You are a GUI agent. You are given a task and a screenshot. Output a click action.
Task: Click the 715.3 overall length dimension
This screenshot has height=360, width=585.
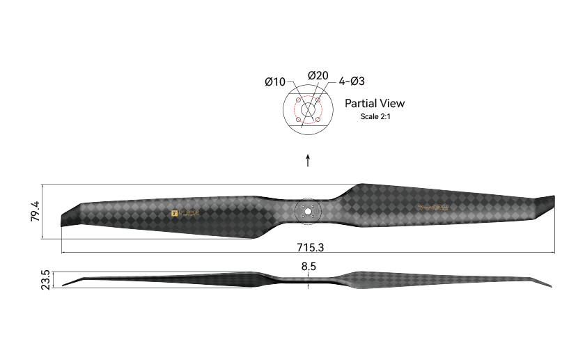[308, 247]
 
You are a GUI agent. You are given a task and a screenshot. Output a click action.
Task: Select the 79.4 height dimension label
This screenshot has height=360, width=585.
[35, 212]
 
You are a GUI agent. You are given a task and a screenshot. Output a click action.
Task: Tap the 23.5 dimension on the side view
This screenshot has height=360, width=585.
[46, 279]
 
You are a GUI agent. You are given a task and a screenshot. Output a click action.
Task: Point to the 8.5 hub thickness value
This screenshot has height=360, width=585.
[309, 265]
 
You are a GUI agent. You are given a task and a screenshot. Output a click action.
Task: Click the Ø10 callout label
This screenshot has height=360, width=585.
[275, 82]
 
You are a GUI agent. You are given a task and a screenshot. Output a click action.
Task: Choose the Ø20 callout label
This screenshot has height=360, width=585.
[318, 76]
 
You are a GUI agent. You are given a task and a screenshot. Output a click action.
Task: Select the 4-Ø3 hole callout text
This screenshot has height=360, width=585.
[352, 81]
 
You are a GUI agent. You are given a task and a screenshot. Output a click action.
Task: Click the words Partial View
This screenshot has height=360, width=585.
[375, 103]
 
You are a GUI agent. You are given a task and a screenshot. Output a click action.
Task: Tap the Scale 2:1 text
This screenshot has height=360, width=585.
[375, 116]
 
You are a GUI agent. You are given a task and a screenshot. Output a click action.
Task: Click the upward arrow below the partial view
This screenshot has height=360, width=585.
[308, 161]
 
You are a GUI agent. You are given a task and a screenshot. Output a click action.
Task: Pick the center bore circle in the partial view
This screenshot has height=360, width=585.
[308, 110]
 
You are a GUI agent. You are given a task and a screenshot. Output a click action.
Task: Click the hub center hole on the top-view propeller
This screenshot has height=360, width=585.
[308, 212]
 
